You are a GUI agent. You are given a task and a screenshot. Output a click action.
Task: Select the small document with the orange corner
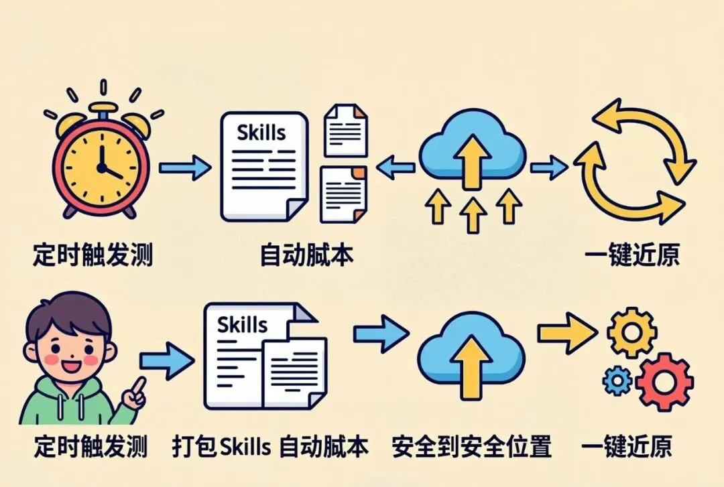click(344, 194)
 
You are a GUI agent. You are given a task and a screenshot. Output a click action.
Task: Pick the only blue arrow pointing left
click(396, 167)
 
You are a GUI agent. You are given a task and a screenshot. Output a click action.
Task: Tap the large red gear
click(664, 382)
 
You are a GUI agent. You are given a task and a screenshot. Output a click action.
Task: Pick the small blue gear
click(617, 381)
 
